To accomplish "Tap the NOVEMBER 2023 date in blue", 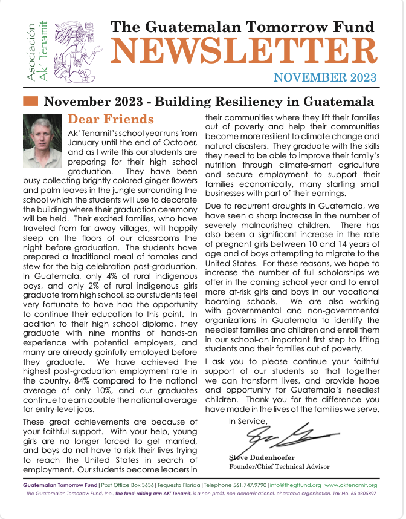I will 324,77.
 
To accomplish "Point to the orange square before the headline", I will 30,101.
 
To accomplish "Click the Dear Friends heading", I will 111,119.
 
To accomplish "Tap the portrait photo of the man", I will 42,142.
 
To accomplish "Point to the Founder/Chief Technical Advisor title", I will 280,466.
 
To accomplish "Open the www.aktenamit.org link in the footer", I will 351,485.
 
